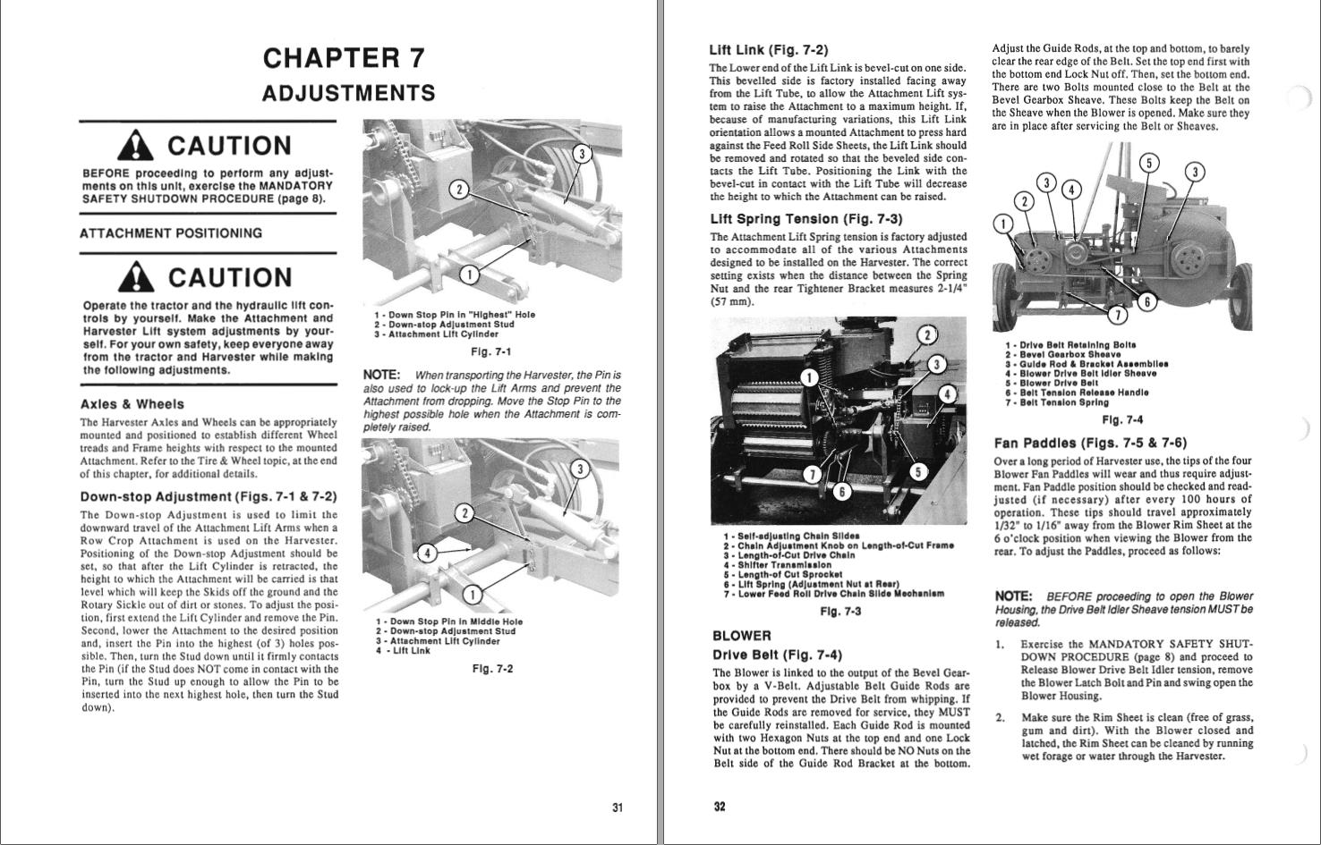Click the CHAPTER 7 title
344,58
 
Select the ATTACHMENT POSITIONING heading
171,233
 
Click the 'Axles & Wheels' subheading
132,404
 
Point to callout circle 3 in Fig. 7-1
582,154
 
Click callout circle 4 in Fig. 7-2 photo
428,553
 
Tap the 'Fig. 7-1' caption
490,351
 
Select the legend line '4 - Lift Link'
403,651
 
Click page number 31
617,807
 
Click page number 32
720,807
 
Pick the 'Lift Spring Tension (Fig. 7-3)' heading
805,219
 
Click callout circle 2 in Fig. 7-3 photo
928,335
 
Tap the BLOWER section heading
741,636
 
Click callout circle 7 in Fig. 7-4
1117,314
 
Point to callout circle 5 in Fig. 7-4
1149,163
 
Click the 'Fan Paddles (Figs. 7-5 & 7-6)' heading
1090,443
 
